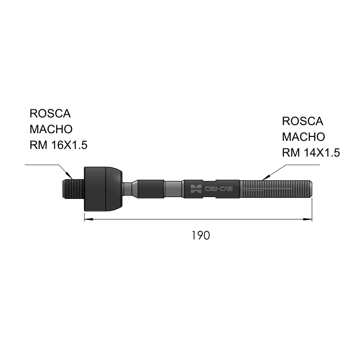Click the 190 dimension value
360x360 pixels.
click(201, 235)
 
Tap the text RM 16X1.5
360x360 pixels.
click(58, 145)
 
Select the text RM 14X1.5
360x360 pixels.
click(311, 153)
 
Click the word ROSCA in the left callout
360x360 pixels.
click(50, 113)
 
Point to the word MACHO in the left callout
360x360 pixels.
click(51, 129)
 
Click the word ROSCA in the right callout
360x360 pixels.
click(302, 121)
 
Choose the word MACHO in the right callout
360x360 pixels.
click(303, 137)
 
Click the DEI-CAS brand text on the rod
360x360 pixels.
click(219, 189)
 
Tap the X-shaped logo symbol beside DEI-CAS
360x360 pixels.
click(196, 189)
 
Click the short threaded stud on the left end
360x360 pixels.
click(73, 189)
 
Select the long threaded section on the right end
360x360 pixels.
click(276, 189)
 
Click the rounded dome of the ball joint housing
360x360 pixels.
click(114, 189)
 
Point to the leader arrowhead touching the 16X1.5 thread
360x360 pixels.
click(70, 176)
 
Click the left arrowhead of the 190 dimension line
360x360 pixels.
click(89, 219)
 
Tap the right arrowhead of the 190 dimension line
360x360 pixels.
click(308, 219)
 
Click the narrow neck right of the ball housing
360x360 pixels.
click(127, 189)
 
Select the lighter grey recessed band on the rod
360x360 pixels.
click(174, 189)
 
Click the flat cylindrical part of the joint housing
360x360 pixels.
click(95, 189)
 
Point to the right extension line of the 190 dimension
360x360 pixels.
click(312, 210)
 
